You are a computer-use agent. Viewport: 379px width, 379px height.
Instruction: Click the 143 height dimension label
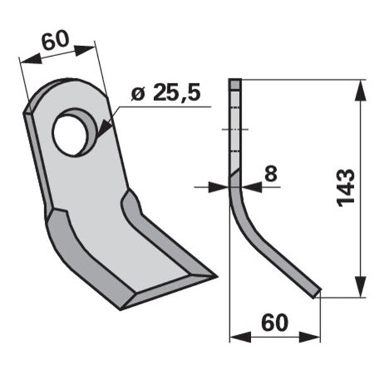pos(346,188)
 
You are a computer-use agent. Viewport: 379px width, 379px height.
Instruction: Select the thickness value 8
pos(271,173)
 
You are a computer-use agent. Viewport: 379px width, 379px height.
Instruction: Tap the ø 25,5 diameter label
pos(165,92)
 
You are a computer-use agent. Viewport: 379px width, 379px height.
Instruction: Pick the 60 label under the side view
pos(275,323)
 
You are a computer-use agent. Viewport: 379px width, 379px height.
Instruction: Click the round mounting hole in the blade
pos(70,135)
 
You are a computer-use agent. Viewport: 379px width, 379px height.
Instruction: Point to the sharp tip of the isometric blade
pos(217,277)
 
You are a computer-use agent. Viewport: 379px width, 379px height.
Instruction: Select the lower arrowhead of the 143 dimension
pos(360,286)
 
